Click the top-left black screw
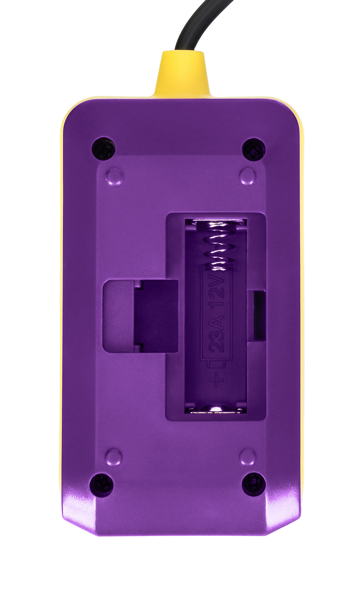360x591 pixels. [103, 149]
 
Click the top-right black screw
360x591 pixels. [254, 150]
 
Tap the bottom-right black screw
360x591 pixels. [254, 484]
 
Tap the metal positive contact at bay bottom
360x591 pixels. [216, 409]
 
